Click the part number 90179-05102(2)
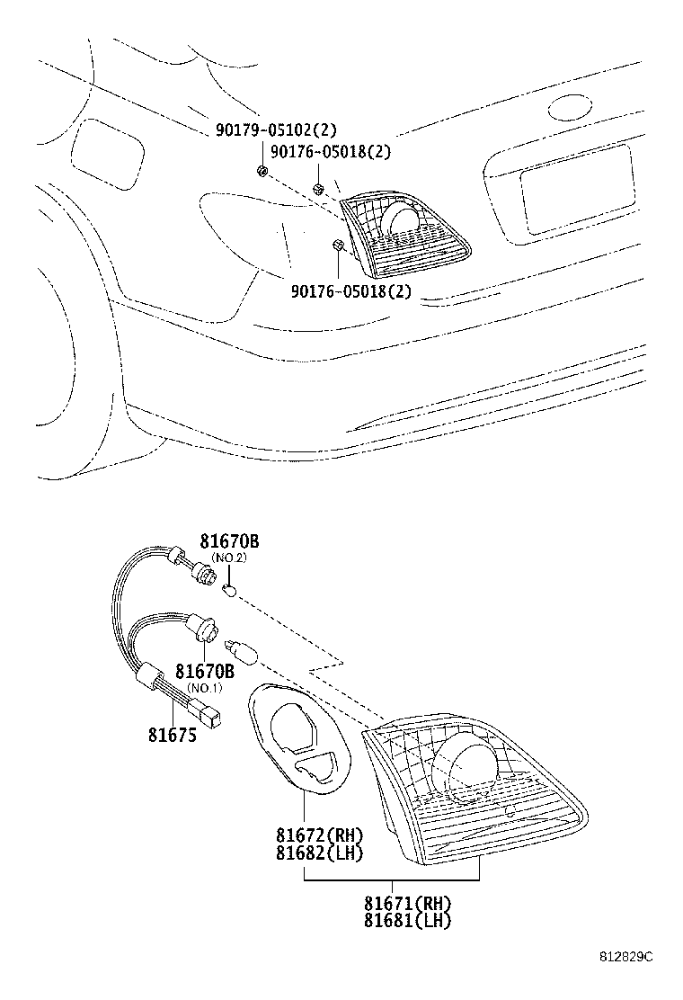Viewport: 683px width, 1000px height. click(x=275, y=130)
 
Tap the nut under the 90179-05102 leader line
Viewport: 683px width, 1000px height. click(x=262, y=171)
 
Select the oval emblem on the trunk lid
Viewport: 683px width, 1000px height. click(x=571, y=108)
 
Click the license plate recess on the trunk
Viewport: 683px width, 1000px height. click(x=577, y=190)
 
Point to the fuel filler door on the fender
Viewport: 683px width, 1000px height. click(x=107, y=154)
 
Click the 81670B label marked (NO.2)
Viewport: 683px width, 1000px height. click(x=229, y=541)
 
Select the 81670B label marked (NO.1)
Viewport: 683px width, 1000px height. click(x=205, y=671)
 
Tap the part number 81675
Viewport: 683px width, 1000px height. click(x=172, y=736)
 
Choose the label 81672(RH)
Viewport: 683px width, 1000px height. click(x=319, y=835)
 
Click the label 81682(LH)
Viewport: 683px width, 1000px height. click(x=319, y=853)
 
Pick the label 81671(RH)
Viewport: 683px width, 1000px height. click(x=408, y=903)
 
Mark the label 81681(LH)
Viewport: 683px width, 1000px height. click(x=408, y=920)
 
